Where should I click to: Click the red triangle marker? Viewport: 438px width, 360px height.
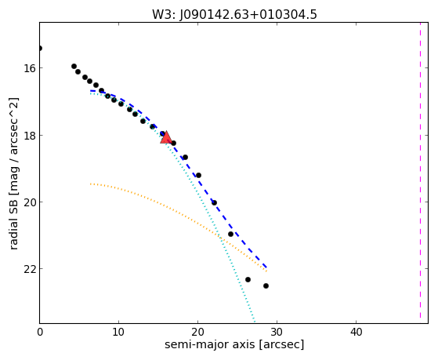(x=166, y=137)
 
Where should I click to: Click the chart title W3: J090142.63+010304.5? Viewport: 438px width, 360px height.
(x=234, y=15)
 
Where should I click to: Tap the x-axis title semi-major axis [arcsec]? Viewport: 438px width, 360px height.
(x=234, y=344)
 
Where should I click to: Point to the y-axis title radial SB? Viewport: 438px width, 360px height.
(x=13, y=222)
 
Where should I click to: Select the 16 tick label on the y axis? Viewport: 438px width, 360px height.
(x=29, y=68)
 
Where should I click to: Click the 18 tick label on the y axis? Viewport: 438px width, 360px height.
(x=29, y=136)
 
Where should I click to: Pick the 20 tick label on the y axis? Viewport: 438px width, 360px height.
(x=29, y=202)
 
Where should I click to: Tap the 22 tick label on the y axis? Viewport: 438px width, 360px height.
(x=29, y=269)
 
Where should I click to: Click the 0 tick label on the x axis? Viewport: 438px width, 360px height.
(x=40, y=332)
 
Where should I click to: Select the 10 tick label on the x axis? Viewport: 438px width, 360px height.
(x=119, y=332)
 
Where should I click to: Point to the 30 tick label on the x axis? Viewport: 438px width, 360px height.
(x=277, y=332)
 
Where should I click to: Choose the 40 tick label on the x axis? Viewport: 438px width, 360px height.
(x=356, y=332)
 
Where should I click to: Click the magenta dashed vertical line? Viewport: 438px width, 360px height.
(x=420, y=171)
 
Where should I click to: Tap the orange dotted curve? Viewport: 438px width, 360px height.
(x=174, y=209)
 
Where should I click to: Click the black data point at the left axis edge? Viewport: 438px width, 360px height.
(x=40, y=49)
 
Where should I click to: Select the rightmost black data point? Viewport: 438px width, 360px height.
(x=266, y=285)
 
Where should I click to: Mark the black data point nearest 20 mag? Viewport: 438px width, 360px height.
(x=214, y=203)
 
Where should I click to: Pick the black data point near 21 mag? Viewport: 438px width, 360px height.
(x=230, y=234)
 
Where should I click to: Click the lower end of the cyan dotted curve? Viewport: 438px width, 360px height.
(x=255, y=322)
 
